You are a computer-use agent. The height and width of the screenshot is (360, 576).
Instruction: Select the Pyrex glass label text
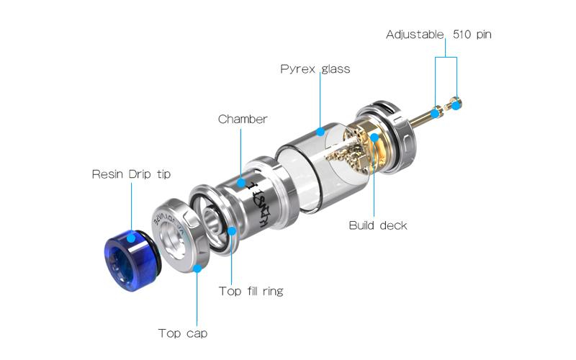[315, 69]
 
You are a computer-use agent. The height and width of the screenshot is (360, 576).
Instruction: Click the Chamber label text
[243, 119]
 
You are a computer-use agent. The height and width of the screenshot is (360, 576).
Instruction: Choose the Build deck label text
[377, 225]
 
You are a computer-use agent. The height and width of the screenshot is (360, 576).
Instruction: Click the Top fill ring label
[251, 292]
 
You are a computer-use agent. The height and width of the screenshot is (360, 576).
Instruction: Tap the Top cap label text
[183, 333]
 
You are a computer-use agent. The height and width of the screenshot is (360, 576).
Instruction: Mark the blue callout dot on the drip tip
[131, 238]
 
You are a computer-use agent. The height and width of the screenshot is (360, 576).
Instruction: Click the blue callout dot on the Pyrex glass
[320, 131]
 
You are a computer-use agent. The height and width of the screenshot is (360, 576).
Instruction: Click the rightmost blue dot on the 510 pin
[456, 104]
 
